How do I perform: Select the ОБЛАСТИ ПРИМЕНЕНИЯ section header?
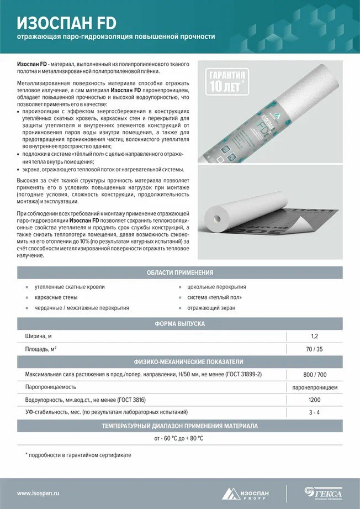click(180, 273)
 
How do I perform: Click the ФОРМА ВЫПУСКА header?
click(180, 323)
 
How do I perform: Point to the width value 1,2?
click(314, 336)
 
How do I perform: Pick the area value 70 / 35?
click(314, 349)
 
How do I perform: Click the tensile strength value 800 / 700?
click(314, 374)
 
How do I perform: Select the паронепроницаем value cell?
click(314, 387)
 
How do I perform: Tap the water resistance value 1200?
click(314, 400)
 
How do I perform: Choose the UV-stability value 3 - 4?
click(314, 412)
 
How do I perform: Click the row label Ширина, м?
click(39, 336)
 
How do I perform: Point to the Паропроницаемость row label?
click(51, 387)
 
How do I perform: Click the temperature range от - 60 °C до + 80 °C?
click(179, 438)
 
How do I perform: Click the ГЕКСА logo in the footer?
click(324, 492)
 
